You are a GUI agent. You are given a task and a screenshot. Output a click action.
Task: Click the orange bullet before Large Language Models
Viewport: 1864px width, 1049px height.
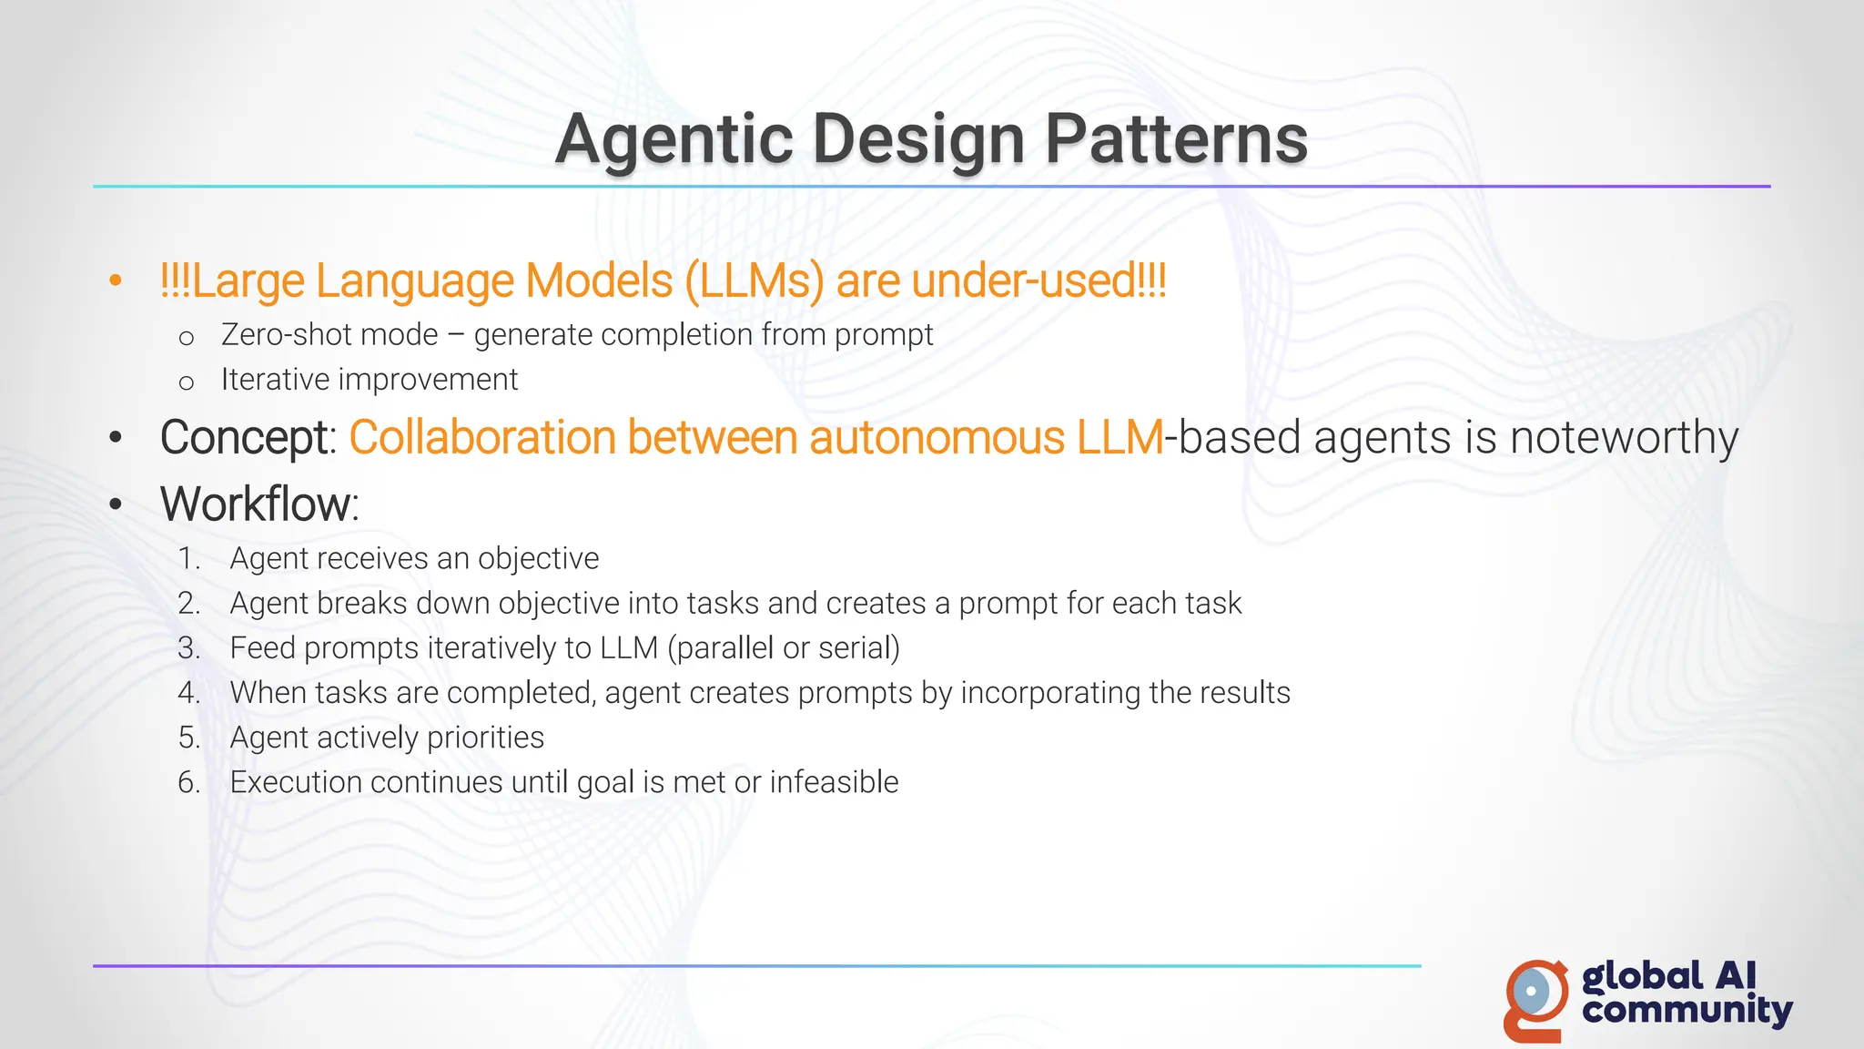pyautogui.click(x=115, y=280)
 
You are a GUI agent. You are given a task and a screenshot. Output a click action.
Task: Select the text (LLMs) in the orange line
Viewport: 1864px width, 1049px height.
pyautogui.click(x=754, y=280)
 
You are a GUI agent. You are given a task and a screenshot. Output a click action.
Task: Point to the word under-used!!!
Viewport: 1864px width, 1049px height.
pyautogui.click(x=1038, y=280)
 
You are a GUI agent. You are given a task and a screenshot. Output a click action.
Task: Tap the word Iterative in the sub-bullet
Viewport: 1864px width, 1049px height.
pyautogui.click(x=275, y=380)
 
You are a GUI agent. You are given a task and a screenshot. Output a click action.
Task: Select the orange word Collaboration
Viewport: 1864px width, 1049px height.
pyautogui.click(x=483, y=438)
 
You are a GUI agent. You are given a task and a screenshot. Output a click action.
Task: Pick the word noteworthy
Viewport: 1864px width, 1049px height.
pyautogui.click(x=1624, y=438)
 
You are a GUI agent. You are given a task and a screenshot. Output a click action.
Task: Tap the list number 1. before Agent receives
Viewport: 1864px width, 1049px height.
pyautogui.click(x=189, y=559)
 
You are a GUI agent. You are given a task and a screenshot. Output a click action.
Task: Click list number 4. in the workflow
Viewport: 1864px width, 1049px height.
pyautogui.click(x=189, y=693)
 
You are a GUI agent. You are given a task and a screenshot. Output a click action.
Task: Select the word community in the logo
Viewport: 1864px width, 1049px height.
pyautogui.click(x=1687, y=1011)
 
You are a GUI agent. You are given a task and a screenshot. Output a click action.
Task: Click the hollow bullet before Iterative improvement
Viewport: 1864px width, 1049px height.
pyautogui.click(x=187, y=382)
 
